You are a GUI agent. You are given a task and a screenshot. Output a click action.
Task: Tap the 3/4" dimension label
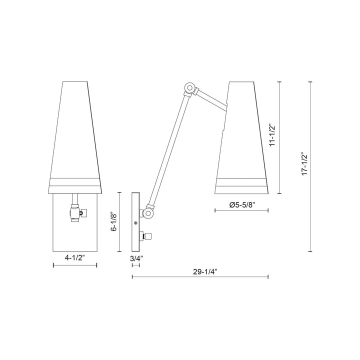pyautogui.click(x=136, y=259)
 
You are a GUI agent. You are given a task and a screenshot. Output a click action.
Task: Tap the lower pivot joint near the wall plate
pyautogui.click(x=148, y=213)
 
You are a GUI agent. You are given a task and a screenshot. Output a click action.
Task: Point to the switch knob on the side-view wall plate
pyautogui.click(x=148, y=235)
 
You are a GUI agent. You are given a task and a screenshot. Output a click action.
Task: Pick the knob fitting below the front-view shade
pyautogui.click(x=76, y=213)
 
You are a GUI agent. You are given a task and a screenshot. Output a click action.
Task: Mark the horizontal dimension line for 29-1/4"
pyautogui.click(x=200, y=277)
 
